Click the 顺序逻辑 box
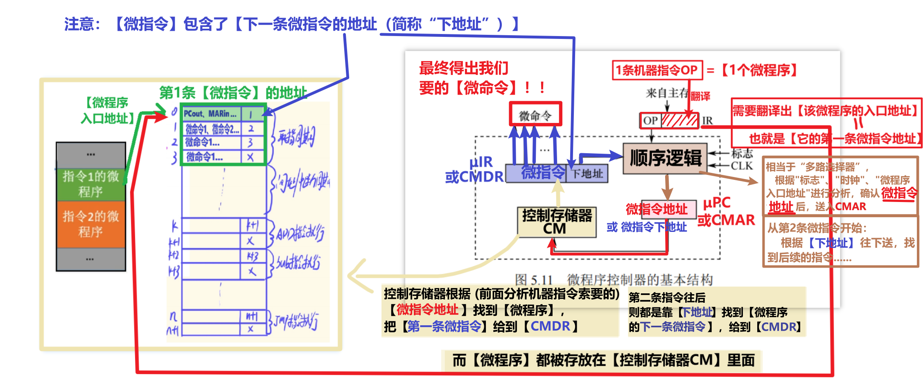[x=665, y=159]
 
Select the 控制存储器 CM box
[x=557, y=222]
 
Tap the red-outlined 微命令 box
[x=535, y=114]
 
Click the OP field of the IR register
[x=650, y=120]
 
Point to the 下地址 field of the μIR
[x=587, y=174]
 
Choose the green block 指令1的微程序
[x=90, y=184]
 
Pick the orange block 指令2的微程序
[x=90, y=224]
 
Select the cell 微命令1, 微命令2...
[x=212, y=129]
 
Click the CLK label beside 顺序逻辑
[x=742, y=166]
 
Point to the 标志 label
[x=742, y=154]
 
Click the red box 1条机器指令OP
[x=657, y=70]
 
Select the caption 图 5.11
[x=534, y=280]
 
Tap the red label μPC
[x=716, y=203]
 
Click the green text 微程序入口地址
[x=107, y=110]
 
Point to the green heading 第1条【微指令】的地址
[x=232, y=93]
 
